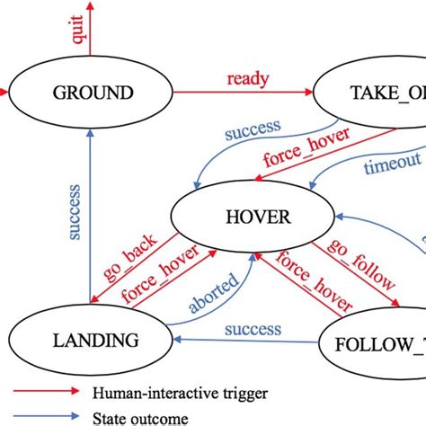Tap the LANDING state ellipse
93,340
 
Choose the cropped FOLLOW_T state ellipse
374,345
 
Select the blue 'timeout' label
392,164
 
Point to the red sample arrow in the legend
44,393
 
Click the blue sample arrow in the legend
44,417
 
